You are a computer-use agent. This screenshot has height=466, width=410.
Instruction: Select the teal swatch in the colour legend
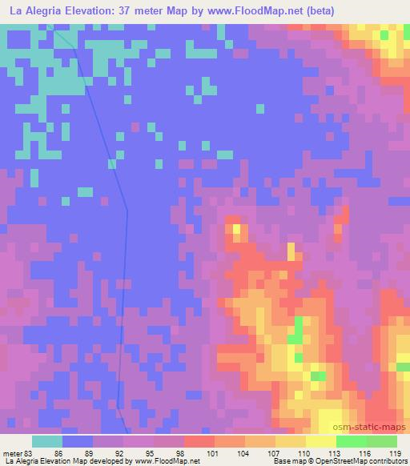point(47,441)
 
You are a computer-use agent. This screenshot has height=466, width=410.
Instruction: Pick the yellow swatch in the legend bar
point(321,441)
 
